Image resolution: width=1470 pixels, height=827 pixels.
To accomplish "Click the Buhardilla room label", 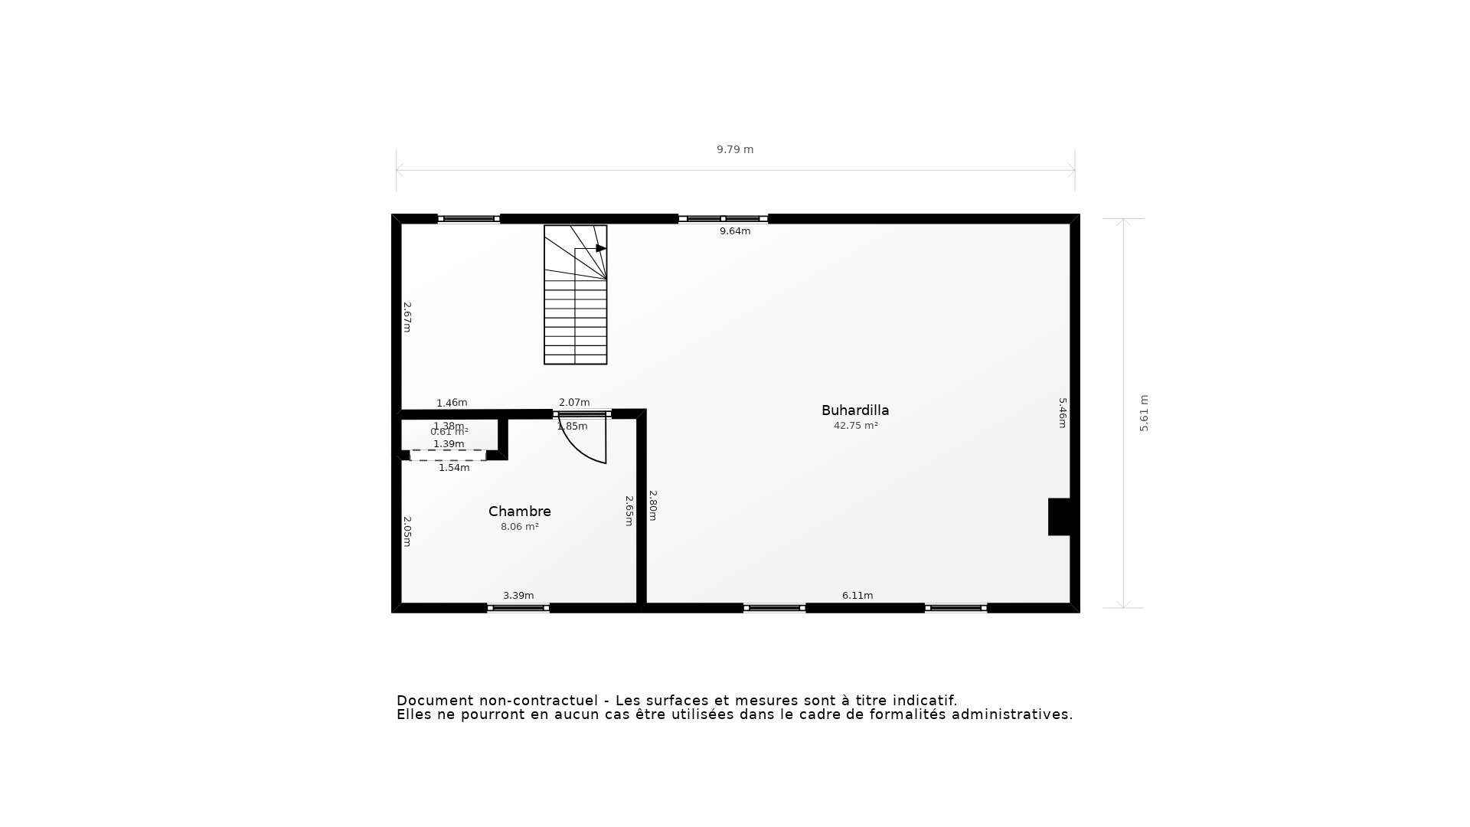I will point(855,410).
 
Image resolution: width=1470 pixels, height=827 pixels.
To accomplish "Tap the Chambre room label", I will point(520,512).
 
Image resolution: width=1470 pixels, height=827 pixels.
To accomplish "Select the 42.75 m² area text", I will point(855,426).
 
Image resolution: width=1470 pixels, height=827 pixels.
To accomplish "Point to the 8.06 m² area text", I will point(520,527).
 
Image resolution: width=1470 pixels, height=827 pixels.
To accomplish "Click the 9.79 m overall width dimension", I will point(735,150).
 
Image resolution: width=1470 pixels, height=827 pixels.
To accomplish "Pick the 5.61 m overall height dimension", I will point(1144,413).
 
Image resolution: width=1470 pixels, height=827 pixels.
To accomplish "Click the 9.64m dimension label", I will point(735,231).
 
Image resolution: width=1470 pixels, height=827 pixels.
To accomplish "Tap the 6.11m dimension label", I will point(857,596).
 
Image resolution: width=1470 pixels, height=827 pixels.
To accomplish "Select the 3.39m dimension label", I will point(518,596).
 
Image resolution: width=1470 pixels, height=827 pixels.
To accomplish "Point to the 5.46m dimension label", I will point(1063,413).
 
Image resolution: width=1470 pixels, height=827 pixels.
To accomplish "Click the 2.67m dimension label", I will point(407,317).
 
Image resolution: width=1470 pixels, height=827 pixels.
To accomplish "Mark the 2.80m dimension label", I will point(653,505).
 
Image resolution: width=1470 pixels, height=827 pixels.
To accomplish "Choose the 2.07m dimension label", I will point(574,403).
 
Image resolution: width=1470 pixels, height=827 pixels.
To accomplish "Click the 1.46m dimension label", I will point(452,403).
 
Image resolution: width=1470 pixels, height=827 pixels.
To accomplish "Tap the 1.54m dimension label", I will point(454,468).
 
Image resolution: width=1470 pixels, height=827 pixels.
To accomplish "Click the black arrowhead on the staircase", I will point(601,248).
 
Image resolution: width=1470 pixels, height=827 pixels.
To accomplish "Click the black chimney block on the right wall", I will point(1059,517).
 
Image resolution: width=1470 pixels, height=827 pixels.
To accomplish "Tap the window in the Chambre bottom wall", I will point(518,608).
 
